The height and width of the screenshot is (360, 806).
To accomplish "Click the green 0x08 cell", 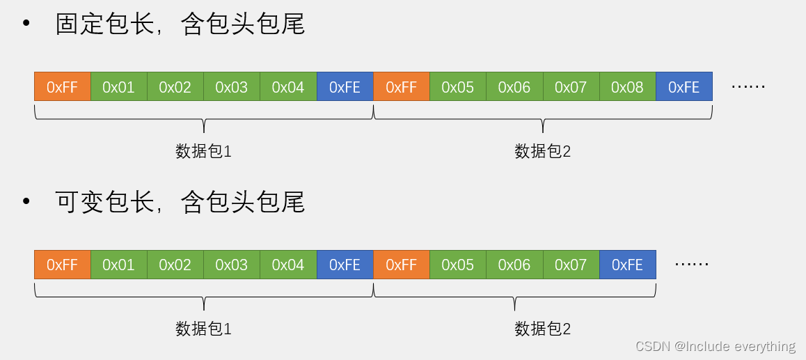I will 627,87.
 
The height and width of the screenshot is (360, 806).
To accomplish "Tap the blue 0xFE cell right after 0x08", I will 683,87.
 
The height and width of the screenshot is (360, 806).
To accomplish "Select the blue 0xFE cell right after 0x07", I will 627,265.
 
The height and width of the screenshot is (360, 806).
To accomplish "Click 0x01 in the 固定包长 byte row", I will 118,87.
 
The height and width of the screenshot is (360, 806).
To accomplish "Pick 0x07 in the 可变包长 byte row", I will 571,265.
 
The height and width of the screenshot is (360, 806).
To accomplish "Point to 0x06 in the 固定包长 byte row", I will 514,87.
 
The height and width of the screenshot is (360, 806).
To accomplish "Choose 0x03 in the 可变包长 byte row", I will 232,265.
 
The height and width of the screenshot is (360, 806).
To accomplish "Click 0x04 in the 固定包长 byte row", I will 288,87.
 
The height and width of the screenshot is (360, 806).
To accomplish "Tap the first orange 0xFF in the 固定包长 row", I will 62,87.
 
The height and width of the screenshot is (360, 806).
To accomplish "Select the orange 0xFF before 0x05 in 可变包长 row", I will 401,265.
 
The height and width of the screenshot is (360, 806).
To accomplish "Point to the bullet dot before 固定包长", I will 26,24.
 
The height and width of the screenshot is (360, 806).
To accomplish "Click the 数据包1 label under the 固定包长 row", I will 203,151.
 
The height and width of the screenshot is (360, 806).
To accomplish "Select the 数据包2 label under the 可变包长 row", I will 543,329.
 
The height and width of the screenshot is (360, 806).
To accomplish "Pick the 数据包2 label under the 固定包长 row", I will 543,151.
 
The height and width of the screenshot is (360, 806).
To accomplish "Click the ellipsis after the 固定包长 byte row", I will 748,87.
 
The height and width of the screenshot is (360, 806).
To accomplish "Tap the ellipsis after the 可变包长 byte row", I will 692,265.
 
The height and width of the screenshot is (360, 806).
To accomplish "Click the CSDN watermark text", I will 715,346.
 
